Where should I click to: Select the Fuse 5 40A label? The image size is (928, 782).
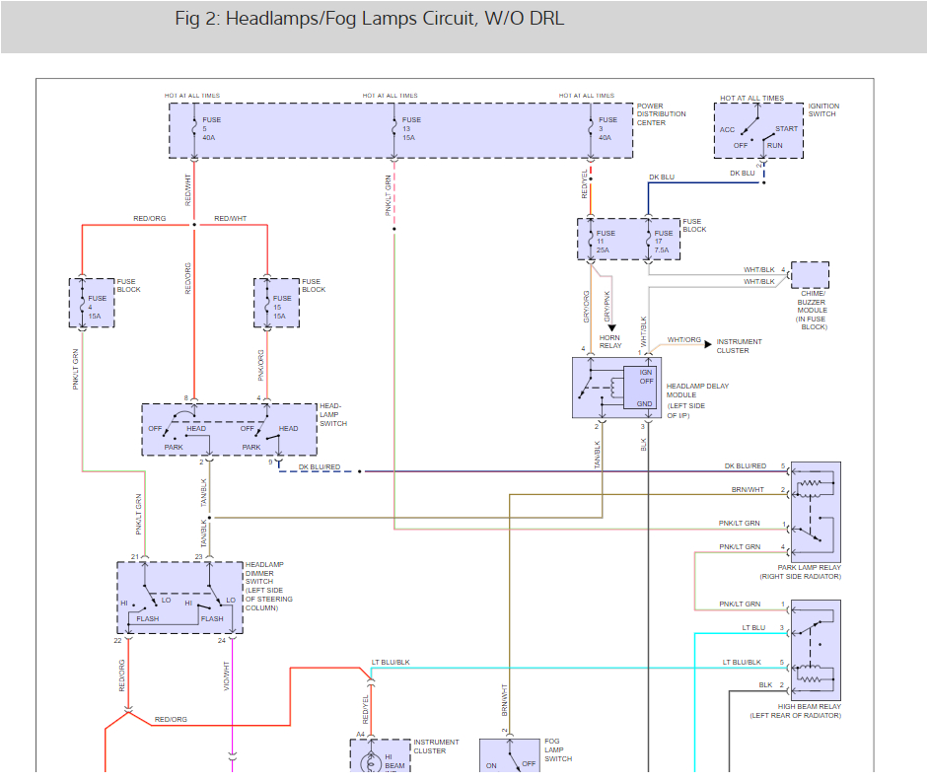point(212,129)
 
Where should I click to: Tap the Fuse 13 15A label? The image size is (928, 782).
point(411,129)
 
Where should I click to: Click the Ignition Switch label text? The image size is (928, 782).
point(823,109)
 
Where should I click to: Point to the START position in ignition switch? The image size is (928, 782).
point(787,129)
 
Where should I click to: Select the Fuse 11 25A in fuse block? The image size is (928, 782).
point(607,242)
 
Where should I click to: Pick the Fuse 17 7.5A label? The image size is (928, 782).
point(663,242)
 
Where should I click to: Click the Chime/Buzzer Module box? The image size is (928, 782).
point(810,275)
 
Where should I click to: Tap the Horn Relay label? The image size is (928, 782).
point(610,341)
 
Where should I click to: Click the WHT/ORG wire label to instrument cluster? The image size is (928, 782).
point(683,340)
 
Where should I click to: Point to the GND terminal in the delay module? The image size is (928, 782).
point(646,404)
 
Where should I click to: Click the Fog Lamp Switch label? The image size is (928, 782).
point(558,750)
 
